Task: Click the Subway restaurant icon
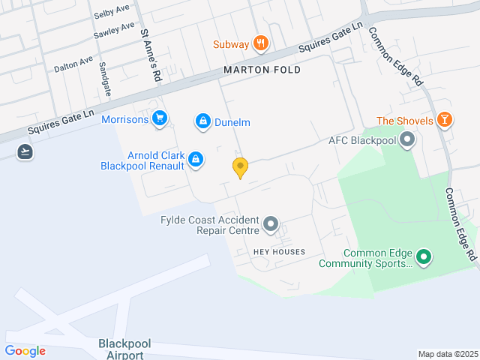coord(261,43)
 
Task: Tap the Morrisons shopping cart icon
coord(159,118)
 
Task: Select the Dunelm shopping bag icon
coord(202,120)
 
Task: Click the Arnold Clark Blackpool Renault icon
coord(195,158)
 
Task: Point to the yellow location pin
coord(240,167)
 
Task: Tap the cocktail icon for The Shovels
coord(445,119)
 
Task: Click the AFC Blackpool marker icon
coord(407,139)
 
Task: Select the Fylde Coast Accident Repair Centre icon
coord(271,223)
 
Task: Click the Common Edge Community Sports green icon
coord(424,257)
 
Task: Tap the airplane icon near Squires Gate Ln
coord(25,151)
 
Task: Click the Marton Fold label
coord(262,70)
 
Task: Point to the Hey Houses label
coord(279,252)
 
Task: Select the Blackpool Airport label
coord(124,349)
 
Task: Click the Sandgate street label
coord(105,78)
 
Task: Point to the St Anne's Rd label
coord(151,55)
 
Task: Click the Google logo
coord(25,350)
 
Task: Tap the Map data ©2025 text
coord(447,354)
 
